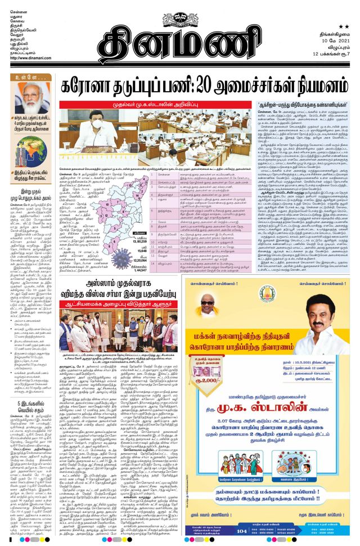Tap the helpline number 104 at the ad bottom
coord(242,530)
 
